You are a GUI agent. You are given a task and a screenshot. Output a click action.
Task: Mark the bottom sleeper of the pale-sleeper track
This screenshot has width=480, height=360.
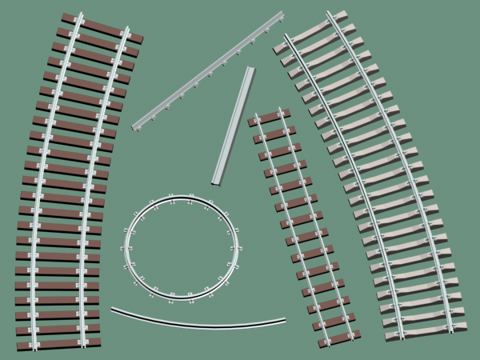tap(424, 330)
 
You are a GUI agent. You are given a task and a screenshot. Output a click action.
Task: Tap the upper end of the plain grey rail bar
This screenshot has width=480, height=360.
tap(249, 70)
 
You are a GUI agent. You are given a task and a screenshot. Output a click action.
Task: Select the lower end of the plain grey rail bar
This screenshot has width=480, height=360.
tap(216, 181)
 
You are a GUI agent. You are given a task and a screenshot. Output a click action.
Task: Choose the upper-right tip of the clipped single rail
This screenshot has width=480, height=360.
tap(282, 14)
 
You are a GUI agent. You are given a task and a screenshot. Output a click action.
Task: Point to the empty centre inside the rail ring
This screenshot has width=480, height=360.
tap(181, 248)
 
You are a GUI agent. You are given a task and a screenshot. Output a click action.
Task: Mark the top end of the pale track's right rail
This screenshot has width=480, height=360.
tap(330, 14)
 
